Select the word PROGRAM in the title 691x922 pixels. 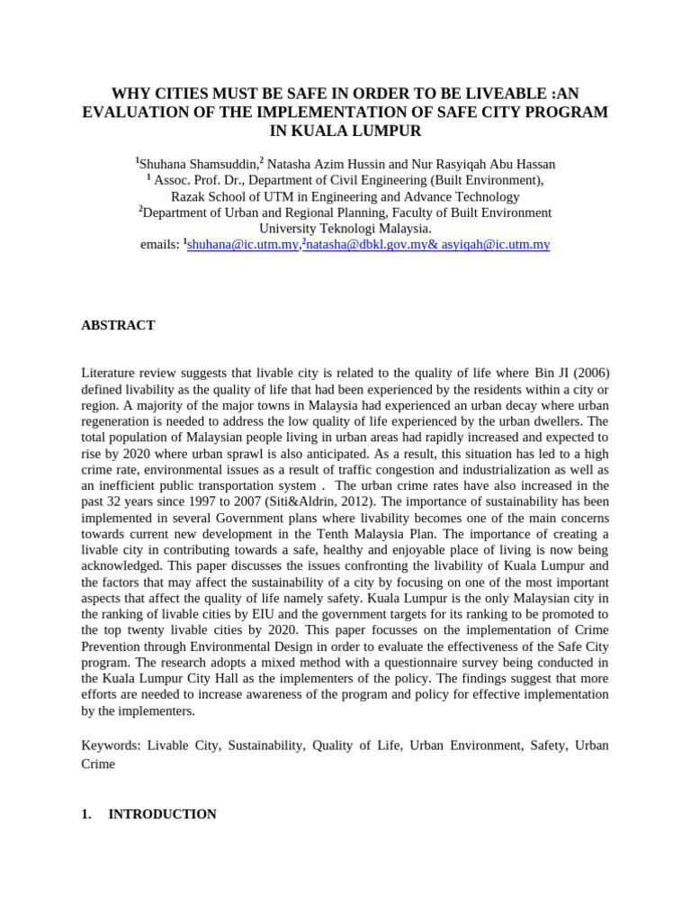[568, 112]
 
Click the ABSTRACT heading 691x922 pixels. [118, 325]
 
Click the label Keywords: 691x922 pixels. [111, 746]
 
